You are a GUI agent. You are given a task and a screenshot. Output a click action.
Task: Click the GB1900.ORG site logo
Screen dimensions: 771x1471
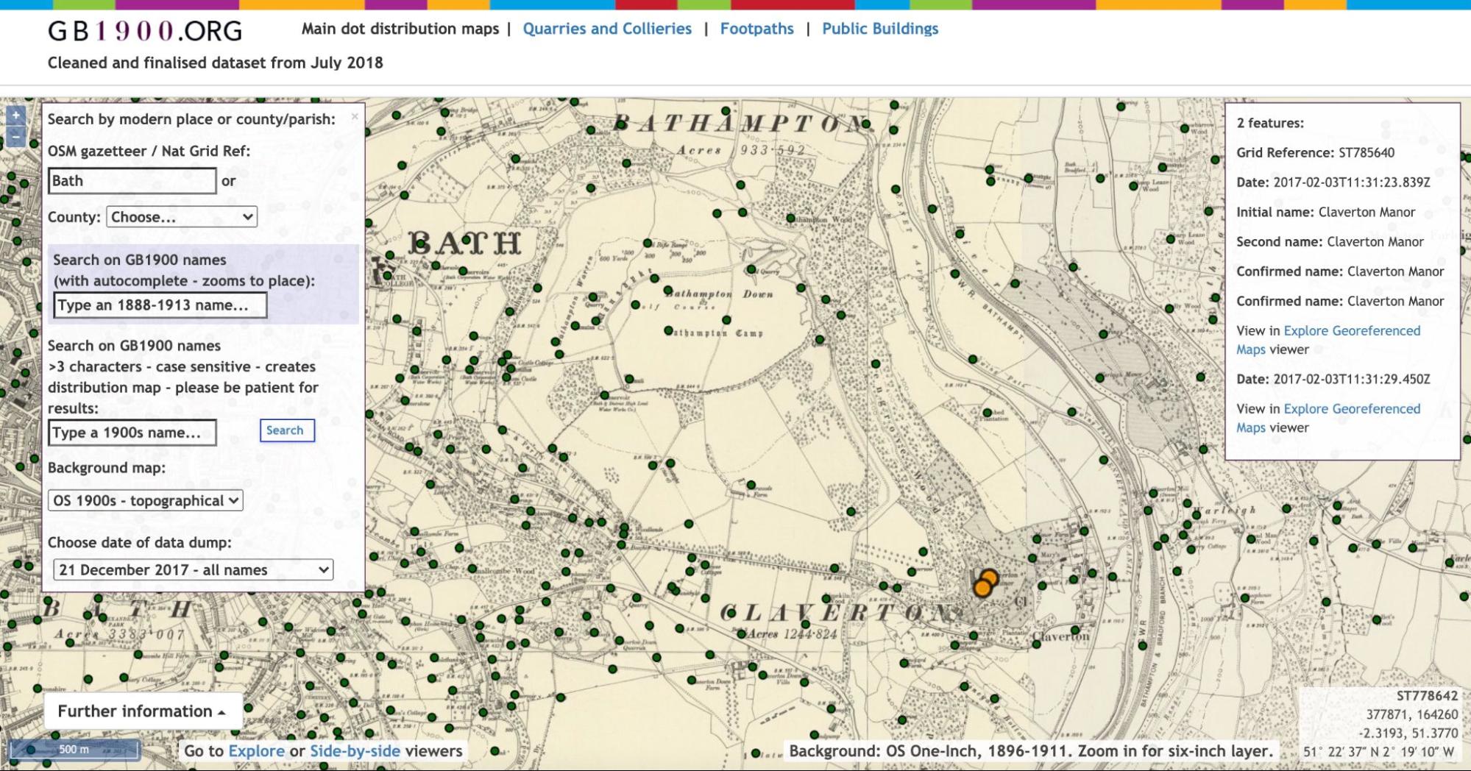click(x=145, y=31)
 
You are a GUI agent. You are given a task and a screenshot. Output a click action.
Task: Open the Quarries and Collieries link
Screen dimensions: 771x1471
click(x=607, y=29)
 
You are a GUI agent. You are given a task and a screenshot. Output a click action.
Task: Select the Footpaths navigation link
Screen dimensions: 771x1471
click(x=756, y=29)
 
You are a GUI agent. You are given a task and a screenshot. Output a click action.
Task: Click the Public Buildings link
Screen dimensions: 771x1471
click(x=880, y=29)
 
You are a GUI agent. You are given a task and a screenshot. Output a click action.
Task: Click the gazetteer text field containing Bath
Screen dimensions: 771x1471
click(x=132, y=181)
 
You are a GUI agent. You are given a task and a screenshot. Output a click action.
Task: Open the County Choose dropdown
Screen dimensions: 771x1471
click(x=182, y=217)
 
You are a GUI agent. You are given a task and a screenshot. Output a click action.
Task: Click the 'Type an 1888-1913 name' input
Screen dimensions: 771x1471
click(x=160, y=305)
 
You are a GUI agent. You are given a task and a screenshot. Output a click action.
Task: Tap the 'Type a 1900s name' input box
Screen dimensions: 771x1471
click(x=132, y=433)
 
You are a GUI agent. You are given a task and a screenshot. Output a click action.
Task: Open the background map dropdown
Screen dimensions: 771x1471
click(x=145, y=501)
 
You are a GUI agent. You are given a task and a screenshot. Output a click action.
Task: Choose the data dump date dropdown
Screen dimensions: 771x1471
click(x=193, y=570)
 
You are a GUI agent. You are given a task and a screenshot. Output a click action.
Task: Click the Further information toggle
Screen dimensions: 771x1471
click(x=142, y=711)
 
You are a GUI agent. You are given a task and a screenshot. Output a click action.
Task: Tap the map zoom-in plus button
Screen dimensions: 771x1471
click(x=15, y=116)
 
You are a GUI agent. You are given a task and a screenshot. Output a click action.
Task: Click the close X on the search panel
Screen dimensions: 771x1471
click(x=355, y=116)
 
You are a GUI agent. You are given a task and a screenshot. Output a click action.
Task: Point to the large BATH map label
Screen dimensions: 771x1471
click(x=464, y=242)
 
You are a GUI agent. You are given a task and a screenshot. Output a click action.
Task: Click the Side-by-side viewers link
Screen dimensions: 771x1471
click(x=355, y=751)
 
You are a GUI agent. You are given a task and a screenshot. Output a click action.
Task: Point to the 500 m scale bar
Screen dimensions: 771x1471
click(x=74, y=750)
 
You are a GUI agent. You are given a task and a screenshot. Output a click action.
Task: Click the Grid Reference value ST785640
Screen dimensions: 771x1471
click(x=1366, y=153)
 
